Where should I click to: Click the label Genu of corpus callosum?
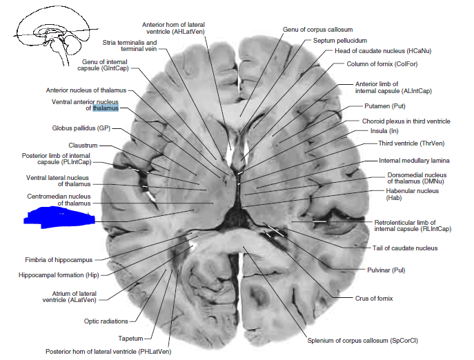pyautogui.click(x=317, y=30)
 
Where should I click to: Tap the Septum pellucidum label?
pyautogui.click(x=339, y=41)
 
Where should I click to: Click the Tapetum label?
pyautogui.click(x=130, y=338)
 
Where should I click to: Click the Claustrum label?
pyautogui.click(x=83, y=145)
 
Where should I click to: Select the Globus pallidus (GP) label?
pyautogui.click(x=81, y=128)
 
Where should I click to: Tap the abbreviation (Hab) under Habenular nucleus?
pyautogui.click(x=393, y=198)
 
